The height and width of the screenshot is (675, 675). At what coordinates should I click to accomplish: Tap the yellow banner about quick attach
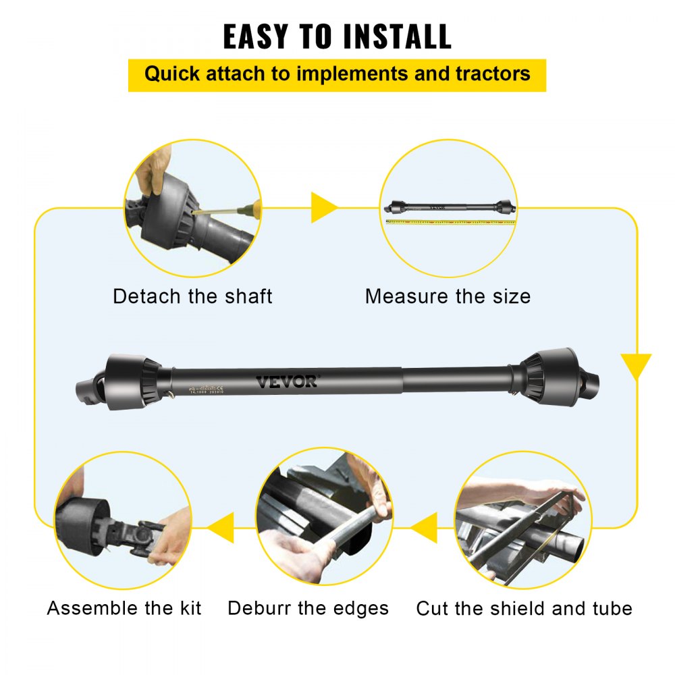pos(337,74)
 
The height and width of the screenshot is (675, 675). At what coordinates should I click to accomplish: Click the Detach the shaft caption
pos(192,296)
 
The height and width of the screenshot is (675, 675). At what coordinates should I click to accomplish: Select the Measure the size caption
pos(448,296)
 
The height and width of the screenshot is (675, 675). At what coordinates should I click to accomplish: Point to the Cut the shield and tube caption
pos(524,608)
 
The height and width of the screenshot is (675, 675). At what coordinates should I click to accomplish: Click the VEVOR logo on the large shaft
pos(286,382)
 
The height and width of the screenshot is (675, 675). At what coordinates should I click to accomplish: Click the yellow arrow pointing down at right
pos(636,366)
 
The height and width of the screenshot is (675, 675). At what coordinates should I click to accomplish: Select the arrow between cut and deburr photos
pos(424,527)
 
